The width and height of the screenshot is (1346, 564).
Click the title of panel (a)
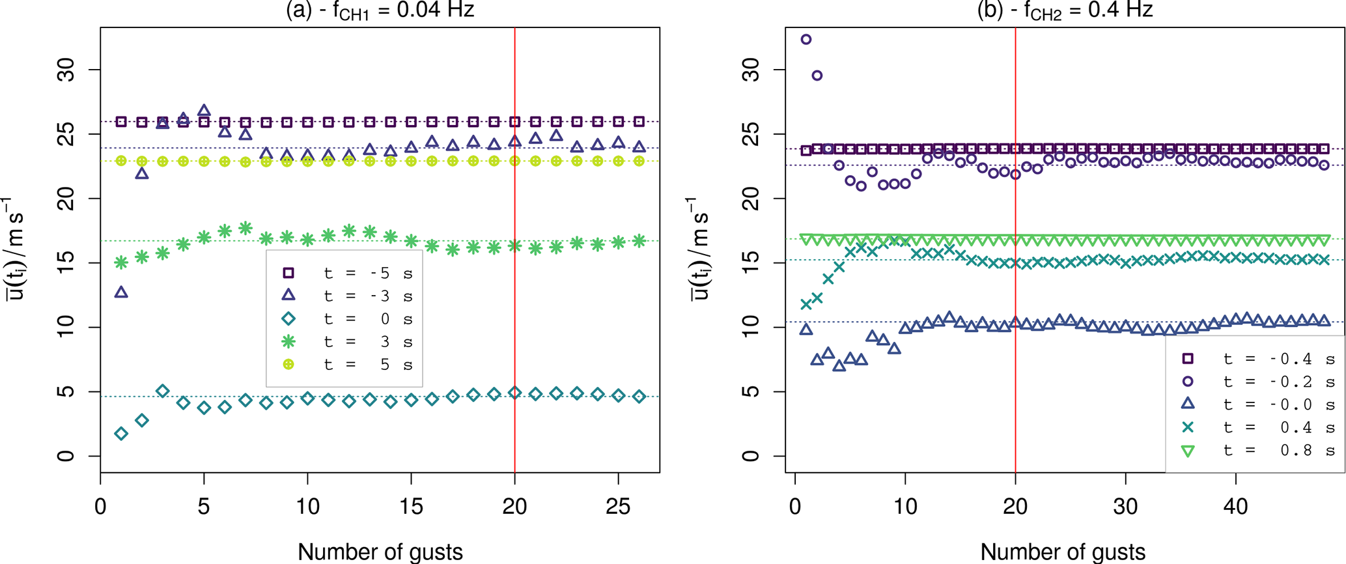click(x=380, y=10)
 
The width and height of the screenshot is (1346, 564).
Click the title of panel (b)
click(x=1065, y=10)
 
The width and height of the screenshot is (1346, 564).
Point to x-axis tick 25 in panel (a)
click(x=618, y=506)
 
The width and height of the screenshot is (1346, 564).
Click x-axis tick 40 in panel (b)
click(x=1235, y=506)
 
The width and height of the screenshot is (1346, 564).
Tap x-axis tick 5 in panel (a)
click(x=204, y=506)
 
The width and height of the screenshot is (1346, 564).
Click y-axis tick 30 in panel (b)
click(x=751, y=70)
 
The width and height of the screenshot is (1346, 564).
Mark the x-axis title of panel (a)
click(x=380, y=552)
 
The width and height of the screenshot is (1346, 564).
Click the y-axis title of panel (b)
click(x=699, y=249)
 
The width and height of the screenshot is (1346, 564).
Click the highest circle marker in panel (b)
click(x=806, y=40)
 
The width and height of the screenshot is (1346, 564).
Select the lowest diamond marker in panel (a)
click(x=121, y=434)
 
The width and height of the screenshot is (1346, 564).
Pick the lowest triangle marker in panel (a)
click(x=121, y=292)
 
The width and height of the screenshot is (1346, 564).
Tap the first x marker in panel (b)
click(x=806, y=304)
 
